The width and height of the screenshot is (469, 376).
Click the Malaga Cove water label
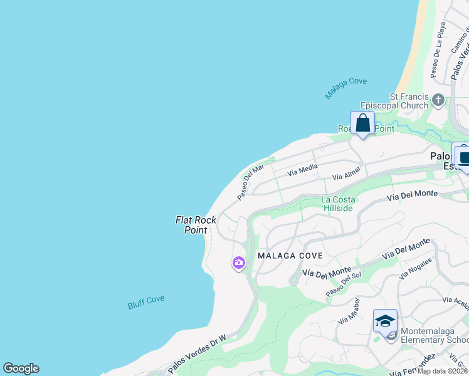coord(345,88)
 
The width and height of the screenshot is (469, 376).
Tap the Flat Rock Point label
coord(196,225)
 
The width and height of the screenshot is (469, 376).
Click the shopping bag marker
coord(362,123)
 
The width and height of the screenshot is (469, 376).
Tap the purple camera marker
coord(238,263)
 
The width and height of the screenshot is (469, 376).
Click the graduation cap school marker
coord(385,321)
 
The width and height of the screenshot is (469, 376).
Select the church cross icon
coord(438,100)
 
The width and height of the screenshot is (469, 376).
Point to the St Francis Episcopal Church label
coord(400,101)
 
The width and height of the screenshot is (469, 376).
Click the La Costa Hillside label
coord(338,204)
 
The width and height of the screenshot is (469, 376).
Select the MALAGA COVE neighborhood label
coord(290,256)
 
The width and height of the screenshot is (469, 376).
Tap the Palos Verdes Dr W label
coord(196,355)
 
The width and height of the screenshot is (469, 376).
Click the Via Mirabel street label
coord(348,311)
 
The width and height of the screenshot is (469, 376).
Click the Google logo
coord(21,368)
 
